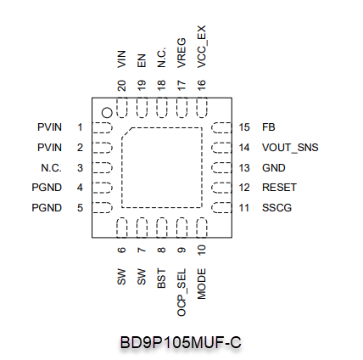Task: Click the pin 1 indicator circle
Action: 107,113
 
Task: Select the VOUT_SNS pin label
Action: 290,148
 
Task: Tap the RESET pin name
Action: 279,188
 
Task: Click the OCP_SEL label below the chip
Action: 181,292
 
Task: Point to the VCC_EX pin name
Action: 202,47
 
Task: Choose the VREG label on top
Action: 181,53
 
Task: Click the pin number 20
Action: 121,86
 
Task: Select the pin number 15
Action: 244,127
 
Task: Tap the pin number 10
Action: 202,250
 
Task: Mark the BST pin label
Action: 161,278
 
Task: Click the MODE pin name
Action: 202,284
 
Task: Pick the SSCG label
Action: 276,208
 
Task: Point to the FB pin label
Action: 269,127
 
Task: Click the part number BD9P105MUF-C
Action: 181,342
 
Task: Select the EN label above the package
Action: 142,61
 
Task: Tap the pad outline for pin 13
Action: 221,168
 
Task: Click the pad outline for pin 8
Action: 161,228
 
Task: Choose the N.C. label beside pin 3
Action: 51,168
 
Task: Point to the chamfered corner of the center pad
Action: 127,132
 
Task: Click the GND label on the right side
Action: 274,168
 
